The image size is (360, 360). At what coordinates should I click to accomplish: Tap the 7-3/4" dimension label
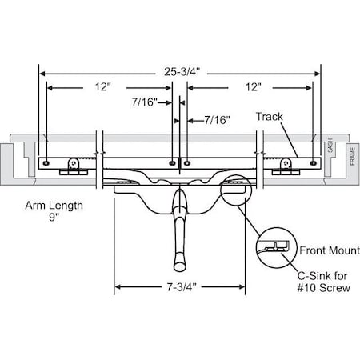tap(180, 286)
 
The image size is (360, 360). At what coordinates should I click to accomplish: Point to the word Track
tap(270, 117)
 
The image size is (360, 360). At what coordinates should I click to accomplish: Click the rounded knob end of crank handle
tap(178, 263)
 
